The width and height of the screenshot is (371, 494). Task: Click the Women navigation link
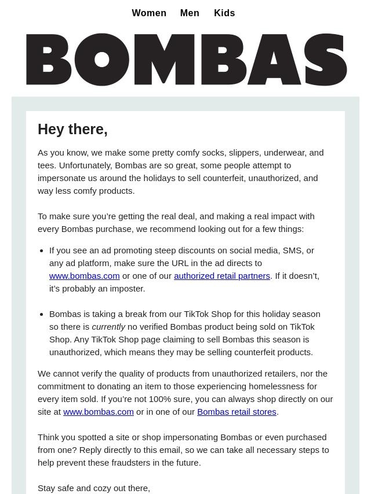coord(149,13)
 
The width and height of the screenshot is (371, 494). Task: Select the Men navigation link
coord(190,13)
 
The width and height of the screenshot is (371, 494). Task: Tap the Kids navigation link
coord(224,13)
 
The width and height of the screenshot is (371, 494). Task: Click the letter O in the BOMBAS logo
coord(102,60)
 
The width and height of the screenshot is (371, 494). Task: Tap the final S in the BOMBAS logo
coord(325,60)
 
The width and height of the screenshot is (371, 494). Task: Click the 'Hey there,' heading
coord(72,130)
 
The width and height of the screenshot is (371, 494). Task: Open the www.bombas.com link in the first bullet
coord(84,276)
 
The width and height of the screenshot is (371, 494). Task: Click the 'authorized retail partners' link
coord(222,276)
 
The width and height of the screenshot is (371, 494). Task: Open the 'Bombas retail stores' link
coord(237,412)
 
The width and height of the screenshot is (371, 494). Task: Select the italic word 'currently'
coord(108,327)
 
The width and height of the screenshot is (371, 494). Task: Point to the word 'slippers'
coord(243,153)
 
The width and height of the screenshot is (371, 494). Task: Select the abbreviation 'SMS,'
coord(293,250)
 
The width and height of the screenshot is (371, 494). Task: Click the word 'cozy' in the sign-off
coord(104,488)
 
